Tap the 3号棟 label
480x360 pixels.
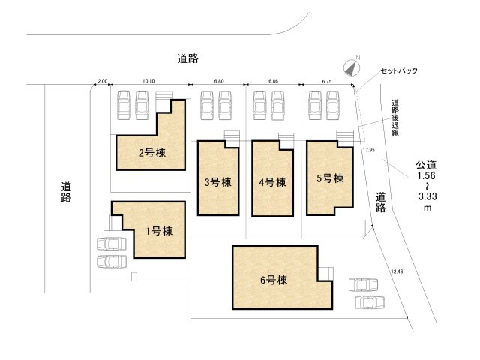point(217,181)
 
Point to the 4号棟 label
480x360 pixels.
point(271,181)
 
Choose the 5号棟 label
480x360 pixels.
point(329,178)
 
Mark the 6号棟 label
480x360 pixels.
point(274,280)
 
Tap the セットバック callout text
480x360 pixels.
point(398,70)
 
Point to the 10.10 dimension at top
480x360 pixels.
point(148,80)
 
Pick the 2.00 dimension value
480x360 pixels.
point(103,80)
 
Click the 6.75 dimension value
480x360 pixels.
point(326,80)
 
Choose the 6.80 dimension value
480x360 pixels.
point(218,80)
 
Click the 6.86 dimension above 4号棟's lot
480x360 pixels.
point(273,80)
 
